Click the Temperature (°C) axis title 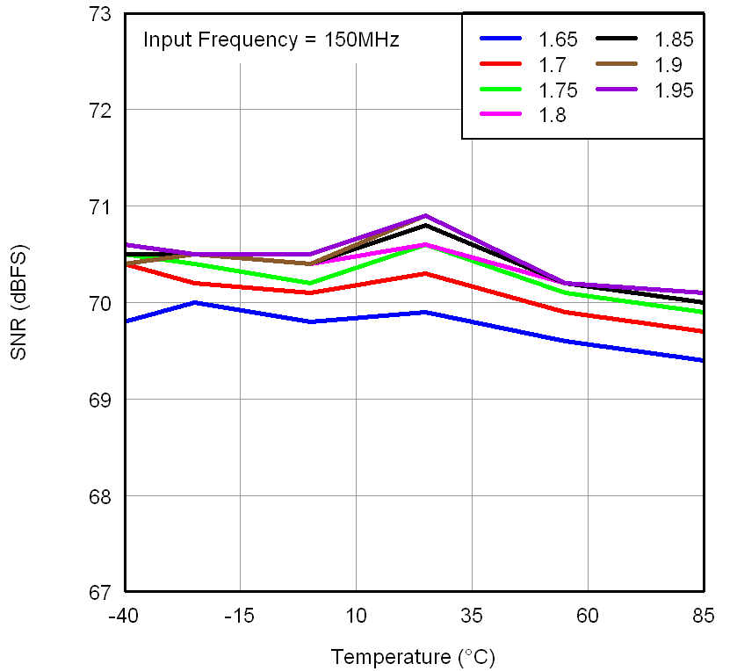click(414, 656)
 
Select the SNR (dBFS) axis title click(19, 303)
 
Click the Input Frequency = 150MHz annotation click(271, 40)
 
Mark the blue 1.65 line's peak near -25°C click(194, 302)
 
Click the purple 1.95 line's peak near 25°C click(425, 215)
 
